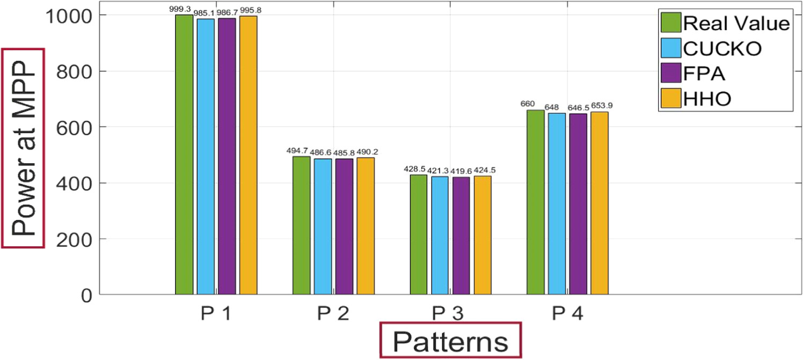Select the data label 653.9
pos(601,106)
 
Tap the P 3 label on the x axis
pos(450,314)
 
